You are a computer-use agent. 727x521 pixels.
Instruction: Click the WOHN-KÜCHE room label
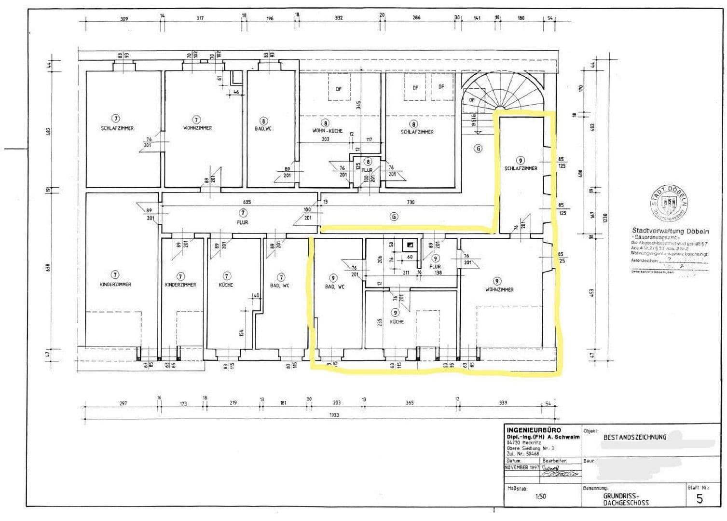pyautogui.click(x=327, y=131)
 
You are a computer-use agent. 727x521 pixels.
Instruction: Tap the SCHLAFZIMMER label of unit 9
pyautogui.click(x=521, y=168)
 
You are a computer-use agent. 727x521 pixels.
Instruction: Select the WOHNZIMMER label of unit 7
pyautogui.click(x=197, y=128)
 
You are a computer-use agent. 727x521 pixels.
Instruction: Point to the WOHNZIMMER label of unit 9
pyautogui.click(x=499, y=289)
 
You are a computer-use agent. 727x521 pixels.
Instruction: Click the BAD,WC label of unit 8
pyautogui.click(x=263, y=129)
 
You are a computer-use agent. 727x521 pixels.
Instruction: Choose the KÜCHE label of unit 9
pyautogui.click(x=397, y=322)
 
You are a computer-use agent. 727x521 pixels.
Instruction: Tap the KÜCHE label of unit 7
pyautogui.click(x=226, y=285)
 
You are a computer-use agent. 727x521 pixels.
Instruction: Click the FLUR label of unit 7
pyautogui.click(x=242, y=222)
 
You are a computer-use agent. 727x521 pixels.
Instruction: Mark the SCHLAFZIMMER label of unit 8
pyautogui.click(x=417, y=132)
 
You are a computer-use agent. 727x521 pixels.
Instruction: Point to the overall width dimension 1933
pyautogui.click(x=334, y=415)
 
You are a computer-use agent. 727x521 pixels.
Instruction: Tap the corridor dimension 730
pyautogui.click(x=411, y=202)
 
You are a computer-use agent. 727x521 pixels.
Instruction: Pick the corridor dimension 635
pyautogui.click(x=247, y=202)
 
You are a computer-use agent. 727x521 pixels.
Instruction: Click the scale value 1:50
pyautogui.click(x=540, y=496)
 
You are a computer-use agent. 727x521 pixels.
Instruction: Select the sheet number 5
pyautogui.click(x=700, y=499)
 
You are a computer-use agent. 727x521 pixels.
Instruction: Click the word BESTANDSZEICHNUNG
pyautogui.click(x=634, y=437)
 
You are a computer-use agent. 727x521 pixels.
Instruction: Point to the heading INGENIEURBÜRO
pyautogui.click(x=534, y=430)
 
